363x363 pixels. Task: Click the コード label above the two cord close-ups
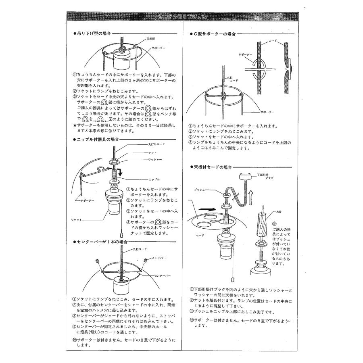tap(273, 41)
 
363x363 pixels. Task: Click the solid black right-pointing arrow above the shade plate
tap(206, 210)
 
